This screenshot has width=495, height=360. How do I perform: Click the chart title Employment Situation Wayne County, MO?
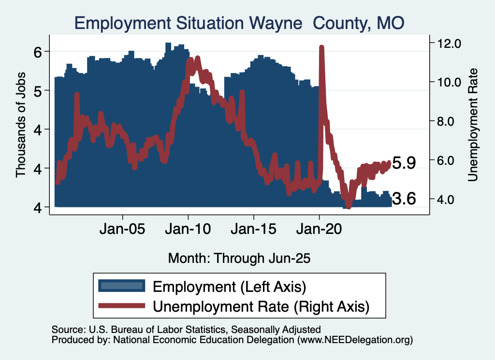click(239, 23)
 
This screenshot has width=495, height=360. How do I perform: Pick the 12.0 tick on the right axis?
click(449, 43)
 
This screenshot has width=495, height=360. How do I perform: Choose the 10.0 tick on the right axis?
click(449, 82)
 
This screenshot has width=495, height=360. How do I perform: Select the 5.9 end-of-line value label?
click(404, 163)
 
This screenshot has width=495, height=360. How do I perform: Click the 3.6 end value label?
click(404, 199)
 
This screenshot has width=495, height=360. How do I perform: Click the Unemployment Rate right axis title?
click(472, 125)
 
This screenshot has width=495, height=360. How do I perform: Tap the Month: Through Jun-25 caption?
click(239, 258)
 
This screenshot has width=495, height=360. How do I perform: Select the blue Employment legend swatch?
click(121, 286)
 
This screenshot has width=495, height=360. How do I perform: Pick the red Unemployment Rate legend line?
click(121, 306)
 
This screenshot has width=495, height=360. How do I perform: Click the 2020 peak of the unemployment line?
click(321, 47)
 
